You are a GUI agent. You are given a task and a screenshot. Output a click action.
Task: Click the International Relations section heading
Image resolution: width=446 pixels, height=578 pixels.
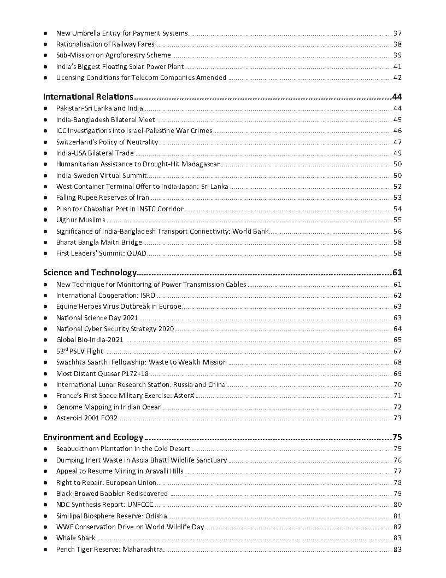[x=88, y=97]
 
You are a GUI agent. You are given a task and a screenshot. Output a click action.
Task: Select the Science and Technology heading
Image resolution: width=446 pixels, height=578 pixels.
[x=90, y=273]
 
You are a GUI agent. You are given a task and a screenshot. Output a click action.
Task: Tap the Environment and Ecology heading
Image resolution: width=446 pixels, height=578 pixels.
[x=93, y=437]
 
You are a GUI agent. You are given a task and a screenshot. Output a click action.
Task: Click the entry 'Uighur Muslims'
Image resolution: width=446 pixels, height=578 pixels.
[x=80, y=220]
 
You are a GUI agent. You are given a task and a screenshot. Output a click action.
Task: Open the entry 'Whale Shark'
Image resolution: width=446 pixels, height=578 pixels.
[x=75, y=538]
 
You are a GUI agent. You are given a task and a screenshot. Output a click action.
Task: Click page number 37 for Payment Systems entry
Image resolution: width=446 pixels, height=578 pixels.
[x=397, y=33]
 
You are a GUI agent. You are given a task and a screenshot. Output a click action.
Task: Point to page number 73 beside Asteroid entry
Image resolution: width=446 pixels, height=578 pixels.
[x=397, y=418]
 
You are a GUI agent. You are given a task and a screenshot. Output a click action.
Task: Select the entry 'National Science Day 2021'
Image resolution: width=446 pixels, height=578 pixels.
[x=97, y=317]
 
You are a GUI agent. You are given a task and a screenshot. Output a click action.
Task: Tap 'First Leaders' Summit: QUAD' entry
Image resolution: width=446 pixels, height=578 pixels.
[x=101, y=253]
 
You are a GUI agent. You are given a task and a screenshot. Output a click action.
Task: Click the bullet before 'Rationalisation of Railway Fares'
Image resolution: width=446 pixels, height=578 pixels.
[x=45, y=44]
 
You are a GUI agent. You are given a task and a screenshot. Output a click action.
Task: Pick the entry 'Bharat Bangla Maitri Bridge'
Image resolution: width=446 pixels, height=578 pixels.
[x=99, y=242]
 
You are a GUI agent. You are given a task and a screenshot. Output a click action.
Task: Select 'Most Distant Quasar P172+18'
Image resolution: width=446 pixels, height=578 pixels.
[x=102, y=373]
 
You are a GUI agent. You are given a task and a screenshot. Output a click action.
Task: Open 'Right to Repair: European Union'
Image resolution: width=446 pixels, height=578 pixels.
[x=106, y=483]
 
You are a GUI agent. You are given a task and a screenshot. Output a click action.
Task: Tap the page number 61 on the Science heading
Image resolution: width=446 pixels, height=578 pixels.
[x=397, y=273]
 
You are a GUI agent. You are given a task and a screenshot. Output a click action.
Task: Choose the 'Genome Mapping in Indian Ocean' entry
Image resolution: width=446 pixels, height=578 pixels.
[x=109, y=407]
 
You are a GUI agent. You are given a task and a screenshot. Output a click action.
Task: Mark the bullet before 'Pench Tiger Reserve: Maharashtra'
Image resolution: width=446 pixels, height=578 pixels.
[x=45, y=550]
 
